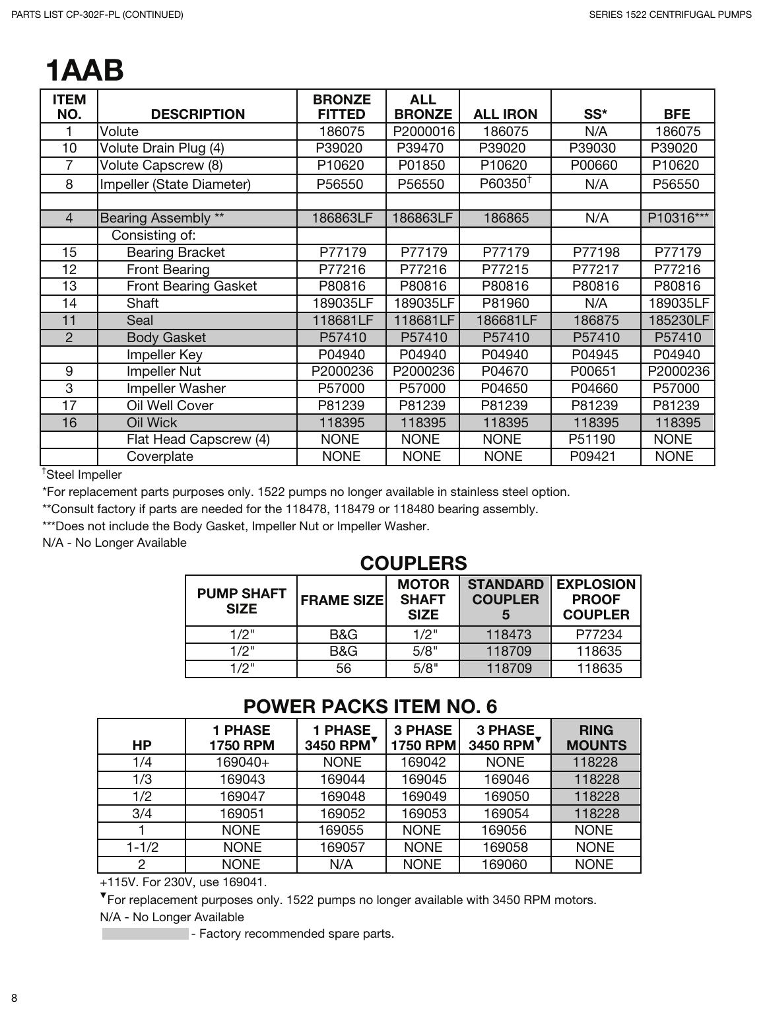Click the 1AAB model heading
click(84, 71)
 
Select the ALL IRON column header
click(505, 114)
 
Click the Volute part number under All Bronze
click(423, 131)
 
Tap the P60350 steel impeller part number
click(502, 183)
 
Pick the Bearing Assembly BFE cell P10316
click(677, 218)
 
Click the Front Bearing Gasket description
click(191, 286)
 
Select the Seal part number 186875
click(596, 320)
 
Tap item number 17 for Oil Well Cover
click(69, 405)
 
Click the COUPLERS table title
click(413, 563)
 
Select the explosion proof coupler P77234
click(598, 635)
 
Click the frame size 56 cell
click(343, 668)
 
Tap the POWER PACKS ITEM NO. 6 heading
click(370, 707)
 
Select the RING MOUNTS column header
click(596, 738)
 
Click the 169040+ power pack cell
click(242, 762)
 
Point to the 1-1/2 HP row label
click(142, 847)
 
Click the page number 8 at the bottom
click(14, 998)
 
